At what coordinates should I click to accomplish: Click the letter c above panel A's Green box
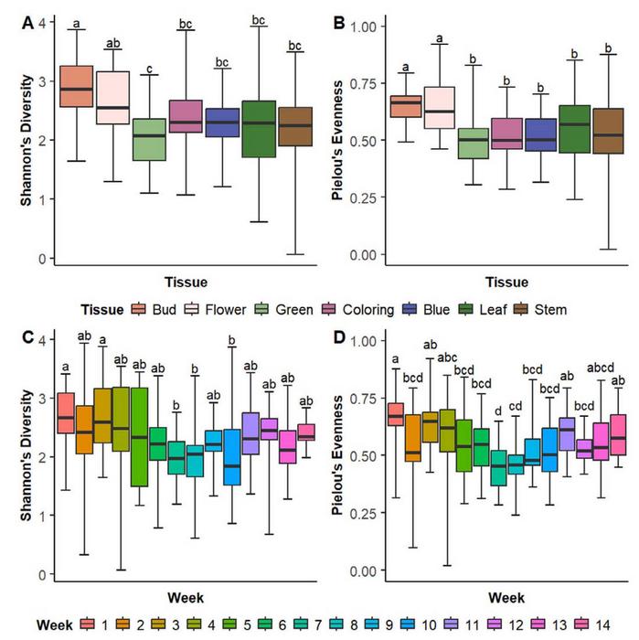click(x=150, y=67)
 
